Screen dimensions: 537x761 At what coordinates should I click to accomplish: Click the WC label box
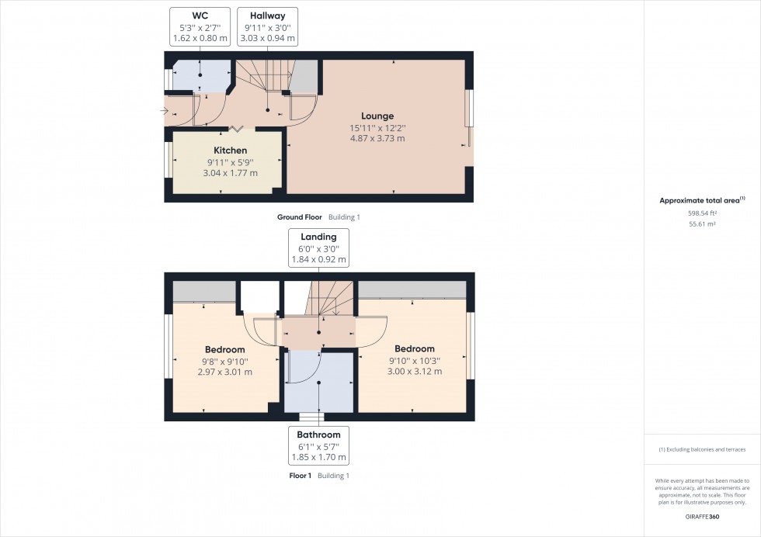pyautogui.click(x=200, y=26)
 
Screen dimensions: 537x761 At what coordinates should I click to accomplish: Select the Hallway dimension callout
pyautogui.click(x=267, y=26)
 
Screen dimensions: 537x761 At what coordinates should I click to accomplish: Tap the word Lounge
pyautogui.click(x=377, y=116)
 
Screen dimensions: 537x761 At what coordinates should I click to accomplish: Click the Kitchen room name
pyautogui.click(x=231, y=151)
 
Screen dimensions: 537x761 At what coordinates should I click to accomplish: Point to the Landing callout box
pyautogui.click(x=318, y=248)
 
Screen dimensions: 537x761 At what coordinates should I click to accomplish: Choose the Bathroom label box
pyautogui.click(x=318, y=445)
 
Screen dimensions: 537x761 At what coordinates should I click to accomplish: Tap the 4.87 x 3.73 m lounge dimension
pyautogui.click(x=377, y=139)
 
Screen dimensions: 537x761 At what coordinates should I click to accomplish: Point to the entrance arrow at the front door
pyautogui.click(x=164, y=112)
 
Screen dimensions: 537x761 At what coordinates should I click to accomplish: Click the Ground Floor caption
pyautogui.click(x=300, y=217)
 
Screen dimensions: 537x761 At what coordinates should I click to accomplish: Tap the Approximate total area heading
pyautogui.click(x=700, y=200)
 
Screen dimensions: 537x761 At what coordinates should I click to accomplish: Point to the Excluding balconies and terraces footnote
pyautogui.click(x=702, y=450)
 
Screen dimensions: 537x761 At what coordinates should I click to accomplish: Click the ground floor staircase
pyautogui.click(x=264, y=78)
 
